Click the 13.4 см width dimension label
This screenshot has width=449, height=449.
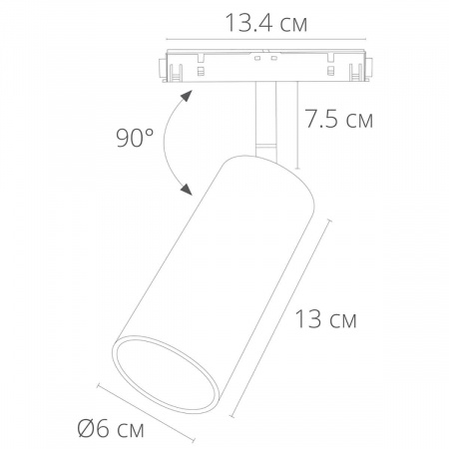pyautogui.click(x=266, y=23)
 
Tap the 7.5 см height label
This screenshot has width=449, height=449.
pyautogui.click(x=339, y=119)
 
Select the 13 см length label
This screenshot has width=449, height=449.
pyautogui.click(x=325, y=319)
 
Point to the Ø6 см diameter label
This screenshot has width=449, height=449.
pyautogui.click(x=111, y=429)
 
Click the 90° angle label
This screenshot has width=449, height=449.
pyautogui.click(x=135, y=138)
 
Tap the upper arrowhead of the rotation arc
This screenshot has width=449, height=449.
pyautogui.click(x=187, y=96)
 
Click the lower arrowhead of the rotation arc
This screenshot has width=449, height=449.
pyautogui.click(x=187, y=190)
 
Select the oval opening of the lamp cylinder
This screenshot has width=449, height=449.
pyautogui.click(x=166, y=374)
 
